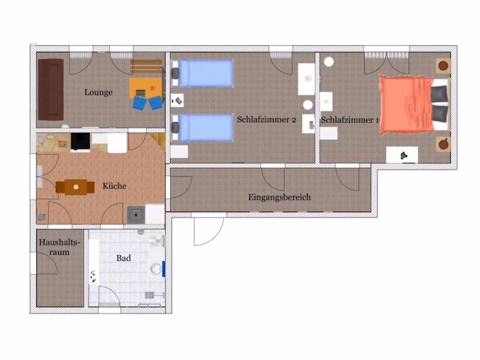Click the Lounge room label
coord(98,92)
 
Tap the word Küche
coord(114,186)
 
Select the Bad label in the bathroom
coord(123,258)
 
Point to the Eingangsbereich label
coord(279,197)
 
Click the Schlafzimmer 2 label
coord(266,120)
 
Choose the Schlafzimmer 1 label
coord(350,120)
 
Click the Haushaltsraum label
coord(60,247)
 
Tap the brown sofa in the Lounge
coord(51,90)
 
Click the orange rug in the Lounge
coord(146,88)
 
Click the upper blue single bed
coord(202,73)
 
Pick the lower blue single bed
coord(202,127)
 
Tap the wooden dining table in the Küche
coord(75,187)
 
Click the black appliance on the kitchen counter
coord(80,142)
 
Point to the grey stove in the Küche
coord(136,215)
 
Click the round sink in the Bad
coord(156,268)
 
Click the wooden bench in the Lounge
coord(146,66)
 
